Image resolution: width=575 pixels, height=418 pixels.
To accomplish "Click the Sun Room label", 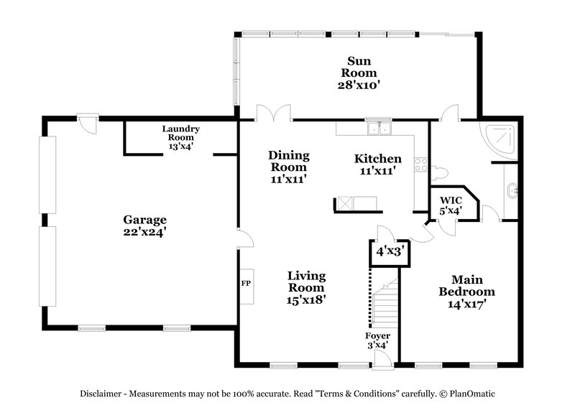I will tap(359, 73).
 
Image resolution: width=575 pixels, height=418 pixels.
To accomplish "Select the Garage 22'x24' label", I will tap(144, 226).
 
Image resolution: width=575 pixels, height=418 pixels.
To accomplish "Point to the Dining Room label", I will tap(288, 167).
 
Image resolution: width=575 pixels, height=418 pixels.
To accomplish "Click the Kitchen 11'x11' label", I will tap(377, 164).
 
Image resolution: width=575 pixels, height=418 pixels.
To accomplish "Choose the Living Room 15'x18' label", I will tap(307, 287).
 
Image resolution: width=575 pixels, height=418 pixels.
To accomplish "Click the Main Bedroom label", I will tap(467, 292).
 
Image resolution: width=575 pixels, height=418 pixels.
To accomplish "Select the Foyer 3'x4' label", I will tap(377, 339).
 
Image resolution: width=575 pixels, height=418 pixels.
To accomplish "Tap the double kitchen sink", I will tap(378, 130).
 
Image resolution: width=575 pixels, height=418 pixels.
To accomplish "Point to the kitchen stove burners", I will tap(420, 166).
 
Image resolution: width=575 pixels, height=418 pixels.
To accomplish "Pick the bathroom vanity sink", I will tap(511, 191).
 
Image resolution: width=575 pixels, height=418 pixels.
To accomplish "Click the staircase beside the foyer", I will tap(384, 302).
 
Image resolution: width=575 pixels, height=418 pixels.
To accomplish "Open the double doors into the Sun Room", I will tap(275, 112).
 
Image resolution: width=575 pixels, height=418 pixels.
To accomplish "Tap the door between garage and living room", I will tap(243, 239).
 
